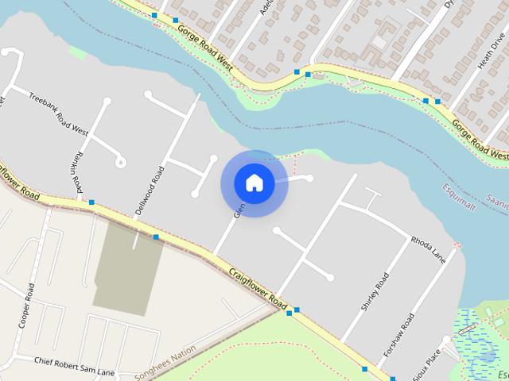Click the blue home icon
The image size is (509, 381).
point(254,183)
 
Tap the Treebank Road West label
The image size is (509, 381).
point(58,113)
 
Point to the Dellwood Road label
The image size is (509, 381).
point(151,190)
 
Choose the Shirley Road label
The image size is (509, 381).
point(375,291)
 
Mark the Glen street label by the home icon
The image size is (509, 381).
point(237,211)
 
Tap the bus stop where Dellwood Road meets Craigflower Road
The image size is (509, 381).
point(156,237)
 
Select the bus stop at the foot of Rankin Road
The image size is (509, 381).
point(92,202)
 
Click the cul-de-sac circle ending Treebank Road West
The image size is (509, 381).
point(120,163)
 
